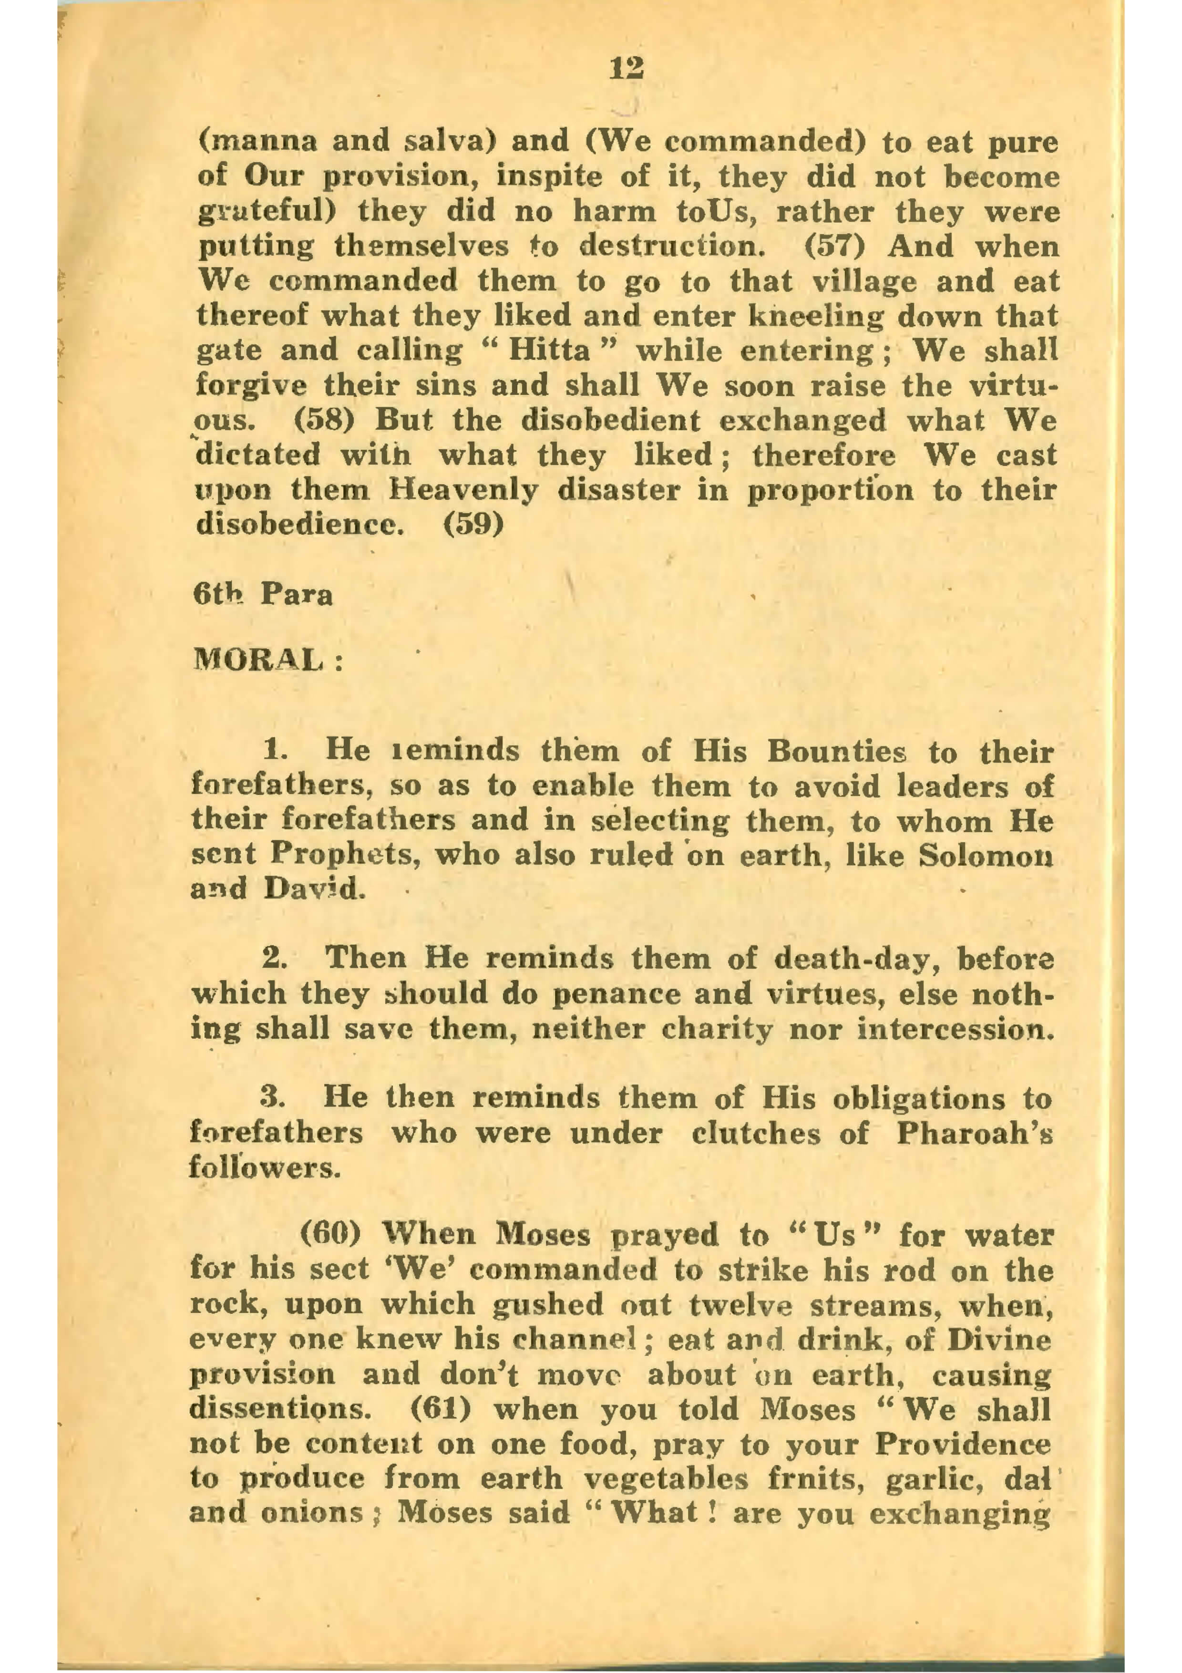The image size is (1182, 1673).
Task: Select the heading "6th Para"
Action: (x=263, y=595)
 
